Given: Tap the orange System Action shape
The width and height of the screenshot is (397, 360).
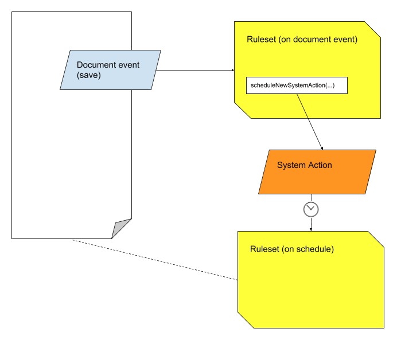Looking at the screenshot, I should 317,171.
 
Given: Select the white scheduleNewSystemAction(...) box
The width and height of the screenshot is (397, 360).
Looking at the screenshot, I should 297,85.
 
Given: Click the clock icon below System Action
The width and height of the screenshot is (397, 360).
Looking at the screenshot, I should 311,209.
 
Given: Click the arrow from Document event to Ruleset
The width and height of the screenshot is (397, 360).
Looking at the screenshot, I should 195,71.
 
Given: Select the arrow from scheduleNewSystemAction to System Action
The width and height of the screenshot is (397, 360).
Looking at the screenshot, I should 309,120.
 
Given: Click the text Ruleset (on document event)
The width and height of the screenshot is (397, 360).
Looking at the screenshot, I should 302,40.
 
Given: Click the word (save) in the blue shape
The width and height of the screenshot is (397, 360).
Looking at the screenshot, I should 89,75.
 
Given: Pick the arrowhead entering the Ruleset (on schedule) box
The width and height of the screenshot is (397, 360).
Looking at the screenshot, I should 311,229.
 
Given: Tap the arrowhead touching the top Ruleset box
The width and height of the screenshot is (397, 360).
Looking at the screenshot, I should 232,71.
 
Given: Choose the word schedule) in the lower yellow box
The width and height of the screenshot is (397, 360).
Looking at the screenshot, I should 316,249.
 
